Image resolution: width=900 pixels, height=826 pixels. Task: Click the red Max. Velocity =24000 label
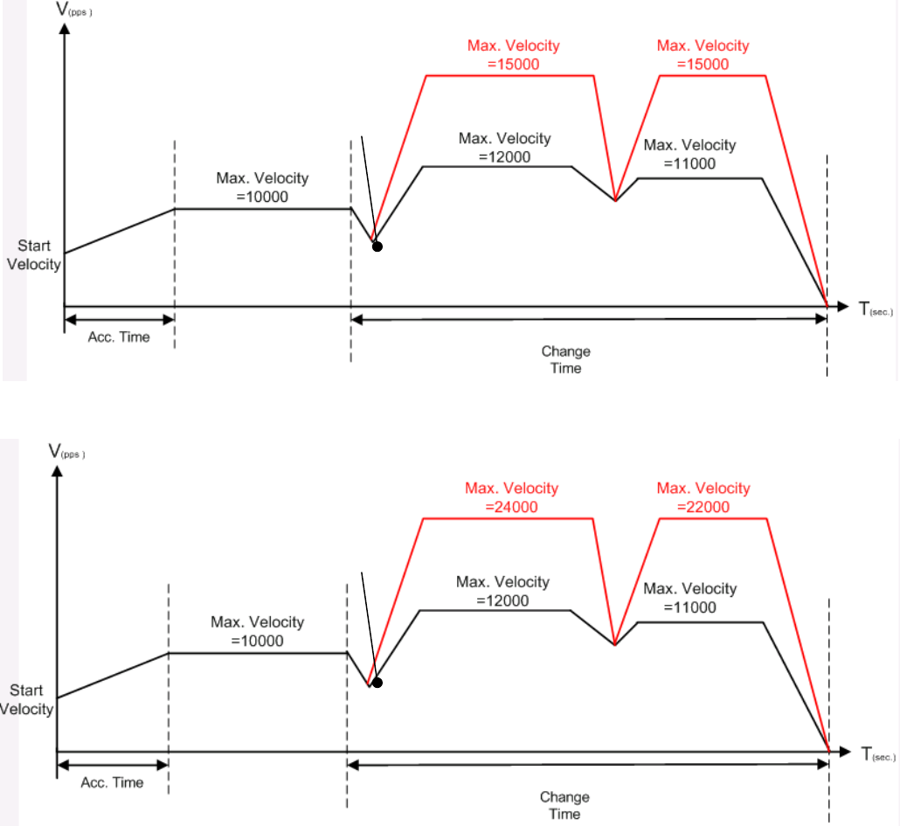(511, 496)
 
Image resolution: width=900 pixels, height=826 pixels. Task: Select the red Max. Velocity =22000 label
(703, 496)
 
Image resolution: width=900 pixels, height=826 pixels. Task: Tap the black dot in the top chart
(377, 246)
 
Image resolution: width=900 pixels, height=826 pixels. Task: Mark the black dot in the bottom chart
(377, 682)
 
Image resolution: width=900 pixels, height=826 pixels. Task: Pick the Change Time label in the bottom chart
(564, 805)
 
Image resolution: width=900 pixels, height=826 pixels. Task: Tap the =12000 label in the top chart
(505, 156)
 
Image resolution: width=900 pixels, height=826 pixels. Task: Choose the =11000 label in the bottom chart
(690, 607)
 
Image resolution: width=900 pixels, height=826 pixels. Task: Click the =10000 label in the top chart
(262, 197)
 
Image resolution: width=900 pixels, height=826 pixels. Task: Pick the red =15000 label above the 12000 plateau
(513, 63)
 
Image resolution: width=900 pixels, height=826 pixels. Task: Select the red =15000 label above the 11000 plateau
(703, 63)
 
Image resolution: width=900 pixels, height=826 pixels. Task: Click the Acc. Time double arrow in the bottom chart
(112, 766)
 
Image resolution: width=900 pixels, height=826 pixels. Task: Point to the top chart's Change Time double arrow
(589, 320)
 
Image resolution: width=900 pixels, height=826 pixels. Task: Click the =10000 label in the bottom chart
(258, 640)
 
